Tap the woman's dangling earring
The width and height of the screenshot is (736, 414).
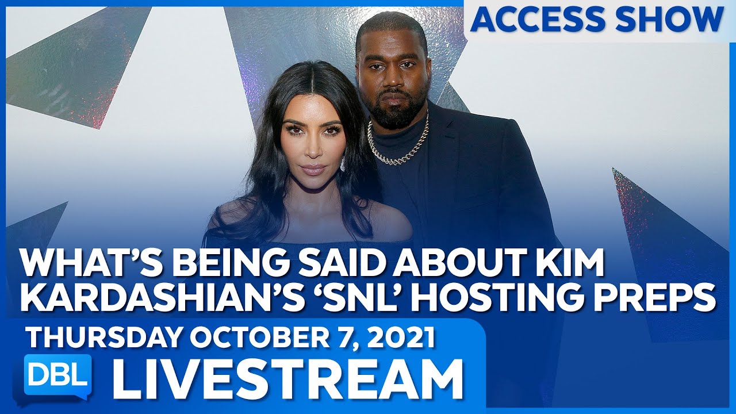[343, 164]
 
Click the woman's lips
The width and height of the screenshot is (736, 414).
[315, 170]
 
